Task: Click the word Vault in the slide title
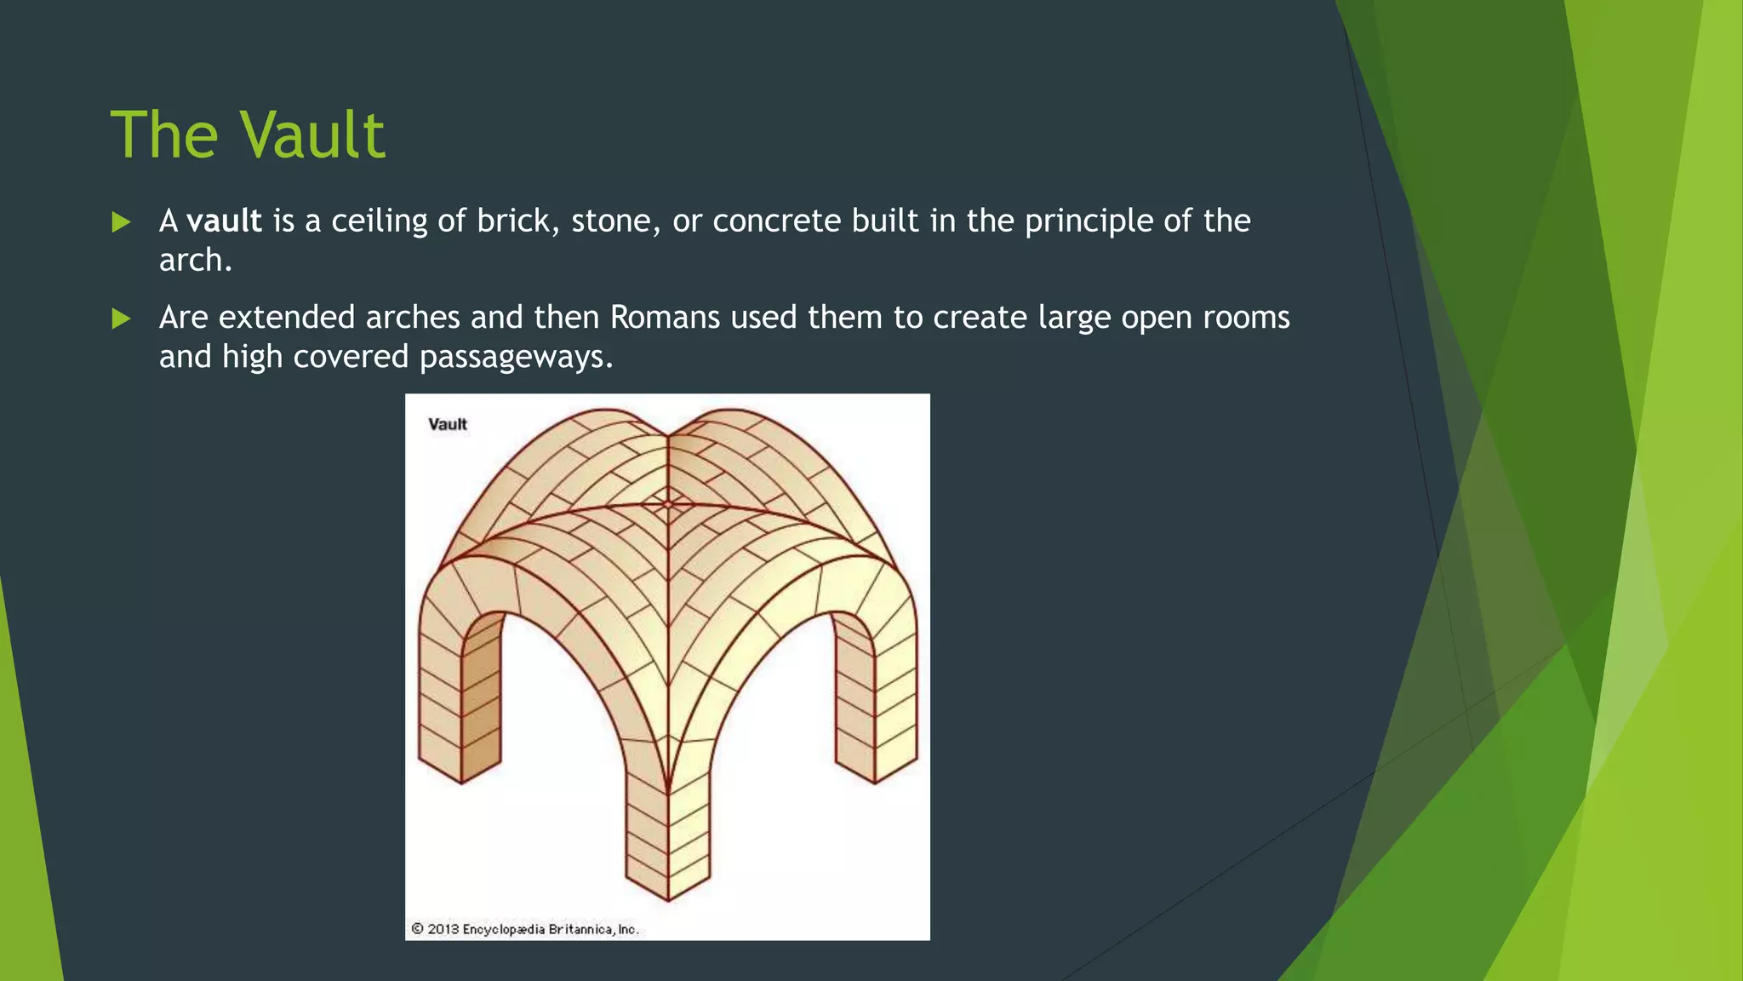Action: coord(311,135)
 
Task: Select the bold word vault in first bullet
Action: coord(224,221)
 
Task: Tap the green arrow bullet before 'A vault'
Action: coord(122,223)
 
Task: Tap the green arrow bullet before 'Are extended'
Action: coord(122,319)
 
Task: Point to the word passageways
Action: coord(515,357)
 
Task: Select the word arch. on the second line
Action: coord(195,261)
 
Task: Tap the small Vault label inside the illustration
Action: coord(448,424)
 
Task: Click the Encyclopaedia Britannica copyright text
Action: coord(549,929)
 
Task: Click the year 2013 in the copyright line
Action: coord(443,929)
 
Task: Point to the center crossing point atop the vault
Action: coord(668,504)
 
